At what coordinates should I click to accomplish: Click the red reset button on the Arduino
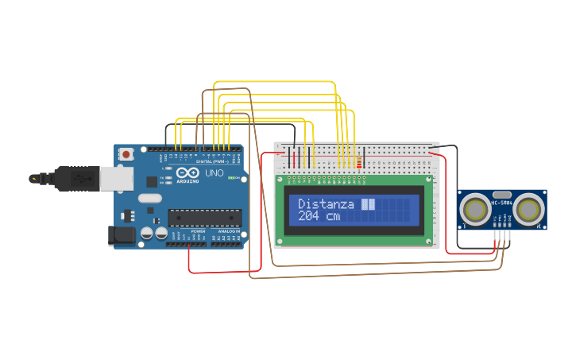(x=126, y=156)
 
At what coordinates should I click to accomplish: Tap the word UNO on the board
(x=215, y=173)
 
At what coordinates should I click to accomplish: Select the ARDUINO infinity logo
(x=188, y=174)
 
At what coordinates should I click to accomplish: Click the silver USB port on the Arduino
(x=116, y=179)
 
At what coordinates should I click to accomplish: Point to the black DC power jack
(x=119, y=234)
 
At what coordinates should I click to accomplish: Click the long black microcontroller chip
(x=204, y=217)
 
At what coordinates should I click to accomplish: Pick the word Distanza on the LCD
(x=326, y=204)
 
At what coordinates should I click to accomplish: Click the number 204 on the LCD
(x=311, y=215)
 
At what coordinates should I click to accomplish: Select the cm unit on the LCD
(x=332, y=215)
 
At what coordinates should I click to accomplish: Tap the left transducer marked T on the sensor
(x=476, y=209)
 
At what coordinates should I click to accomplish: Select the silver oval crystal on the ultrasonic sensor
(x=501, y=194)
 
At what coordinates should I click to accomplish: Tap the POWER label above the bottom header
(x=198, y=231)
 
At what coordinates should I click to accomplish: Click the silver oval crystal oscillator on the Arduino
(x=149, y=198)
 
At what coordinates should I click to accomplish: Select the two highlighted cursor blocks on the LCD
(x=368, y=204)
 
